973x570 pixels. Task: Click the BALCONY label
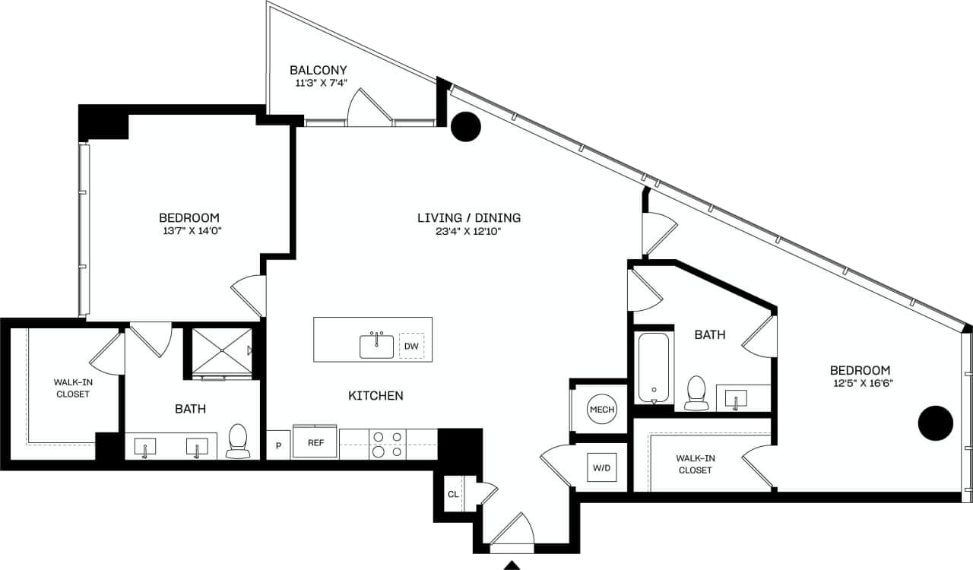pyautogui.click(x=318, y=70)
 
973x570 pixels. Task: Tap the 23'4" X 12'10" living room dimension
pyautogui.click(x=469, y=232)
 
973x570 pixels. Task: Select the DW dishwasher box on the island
pyautogui.click(x=411, y=347)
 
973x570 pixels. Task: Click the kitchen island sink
pyautogui.click(x=376, y=346)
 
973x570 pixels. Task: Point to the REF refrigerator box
pyautogui.click(x=315, y=442)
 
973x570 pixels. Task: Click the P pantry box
pyautogui.click(x=278, y=445)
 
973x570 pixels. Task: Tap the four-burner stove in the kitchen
pyautogui.click(x=388, y=444)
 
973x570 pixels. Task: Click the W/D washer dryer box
pyautogui.click(x=601, y=467)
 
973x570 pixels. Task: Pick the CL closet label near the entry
pyautogui.click(x=453, y=494)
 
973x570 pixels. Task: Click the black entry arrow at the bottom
pyautogui.click(x=512, y=565)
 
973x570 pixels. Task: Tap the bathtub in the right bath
pyautogui.click(x=654, y=368)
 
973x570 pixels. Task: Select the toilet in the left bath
pyautogui.click(x=238, y=442)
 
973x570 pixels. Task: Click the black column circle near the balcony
pyautogui.click(x=466, y=127)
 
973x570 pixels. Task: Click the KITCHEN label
pyautogui.click(x=376, y=396)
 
